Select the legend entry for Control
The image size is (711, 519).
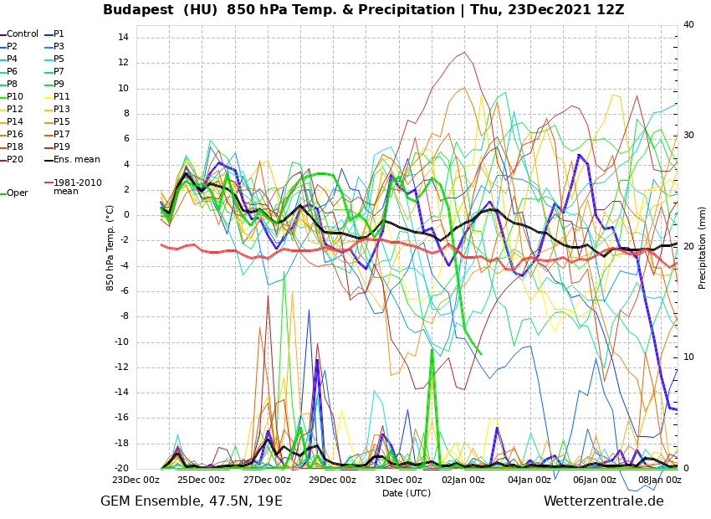(x=23, y=34)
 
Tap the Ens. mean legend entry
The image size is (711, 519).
(x=76, y=160)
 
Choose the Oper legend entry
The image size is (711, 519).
(x=18, y=193)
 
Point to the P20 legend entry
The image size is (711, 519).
(x=15, y=160)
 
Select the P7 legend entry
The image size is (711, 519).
(x=59, y=72)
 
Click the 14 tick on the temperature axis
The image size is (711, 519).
(x=122, y=38)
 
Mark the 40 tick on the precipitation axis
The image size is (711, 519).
(x=688, y=25)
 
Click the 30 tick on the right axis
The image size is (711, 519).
(x=688, y=136)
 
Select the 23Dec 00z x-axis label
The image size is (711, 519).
(x=136, y=480)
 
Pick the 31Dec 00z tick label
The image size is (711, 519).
(x=398, y=480)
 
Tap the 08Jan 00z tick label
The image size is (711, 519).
(x=660, y=480)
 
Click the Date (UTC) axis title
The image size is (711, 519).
(x=407, y=493)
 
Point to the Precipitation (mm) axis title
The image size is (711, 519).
(x=703, y=247)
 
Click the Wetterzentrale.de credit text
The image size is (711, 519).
(x=603, y=501)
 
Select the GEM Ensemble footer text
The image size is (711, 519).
(x=192, y=501)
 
